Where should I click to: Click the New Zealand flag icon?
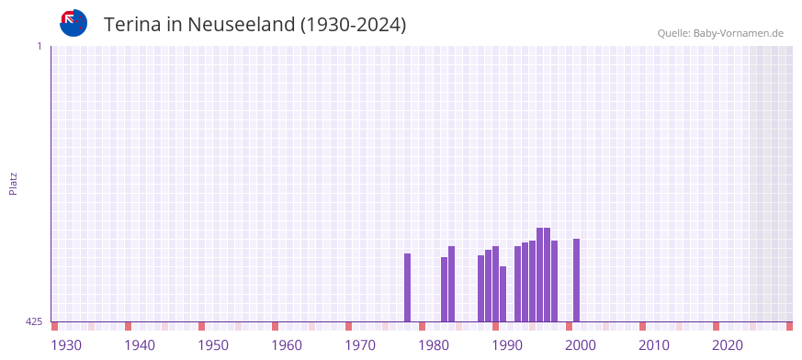[73, 23]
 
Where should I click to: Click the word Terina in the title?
[133, 25]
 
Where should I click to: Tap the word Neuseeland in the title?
[242, 25]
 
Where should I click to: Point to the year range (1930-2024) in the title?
[354, 25]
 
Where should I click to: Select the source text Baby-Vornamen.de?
[739, 34]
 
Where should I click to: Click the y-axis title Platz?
[13, 183]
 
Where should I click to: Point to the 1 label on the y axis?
[39, 46]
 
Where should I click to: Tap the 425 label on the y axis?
[34, 321]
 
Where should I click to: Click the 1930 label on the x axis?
[66, 344]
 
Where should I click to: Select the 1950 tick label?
[213, 344]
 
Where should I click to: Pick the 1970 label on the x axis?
[360, 344]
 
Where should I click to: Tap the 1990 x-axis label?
[507, 344]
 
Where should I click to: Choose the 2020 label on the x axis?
[728, 344]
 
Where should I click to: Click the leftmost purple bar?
[408, 287]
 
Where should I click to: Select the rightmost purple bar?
[577, 280]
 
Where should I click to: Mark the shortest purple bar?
[503, 294]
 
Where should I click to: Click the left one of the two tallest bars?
[540, 275]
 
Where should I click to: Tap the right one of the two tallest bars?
[548, 275]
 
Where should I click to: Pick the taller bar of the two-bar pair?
[452, 284]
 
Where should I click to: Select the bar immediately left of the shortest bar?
[496, 284]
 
